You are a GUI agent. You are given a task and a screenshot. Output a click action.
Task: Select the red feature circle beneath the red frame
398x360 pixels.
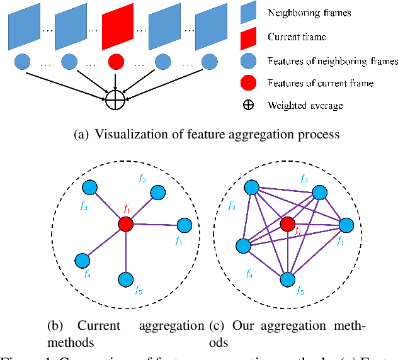[x=115, y=62]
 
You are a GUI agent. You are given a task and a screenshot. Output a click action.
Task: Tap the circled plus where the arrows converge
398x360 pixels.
[x=116, y=99]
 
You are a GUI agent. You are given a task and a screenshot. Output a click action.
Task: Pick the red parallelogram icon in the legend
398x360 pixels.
[x=248, y=37]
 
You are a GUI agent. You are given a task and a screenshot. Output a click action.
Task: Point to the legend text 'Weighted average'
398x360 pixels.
[x=305, y=105]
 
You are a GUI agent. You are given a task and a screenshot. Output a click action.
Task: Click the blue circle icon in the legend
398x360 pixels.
[x=248, y=61]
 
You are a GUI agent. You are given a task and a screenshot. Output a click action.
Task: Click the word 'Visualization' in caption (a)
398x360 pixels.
[x=128, y=133]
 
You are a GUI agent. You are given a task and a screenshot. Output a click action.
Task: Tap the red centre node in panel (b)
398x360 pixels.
[x=125, y=223]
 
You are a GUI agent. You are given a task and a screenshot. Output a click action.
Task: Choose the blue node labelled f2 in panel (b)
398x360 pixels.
[x=157, y=193]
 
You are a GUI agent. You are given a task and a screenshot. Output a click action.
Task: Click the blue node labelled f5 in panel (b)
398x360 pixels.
[x=126, y=278]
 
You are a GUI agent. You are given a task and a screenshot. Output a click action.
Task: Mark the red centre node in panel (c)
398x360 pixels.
[x=288, y=223]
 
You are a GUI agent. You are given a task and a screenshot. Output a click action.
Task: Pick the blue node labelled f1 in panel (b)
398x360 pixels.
[x=184, y=225]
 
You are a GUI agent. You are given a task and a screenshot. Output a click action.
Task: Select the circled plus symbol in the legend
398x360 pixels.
[x=248, y=105]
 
